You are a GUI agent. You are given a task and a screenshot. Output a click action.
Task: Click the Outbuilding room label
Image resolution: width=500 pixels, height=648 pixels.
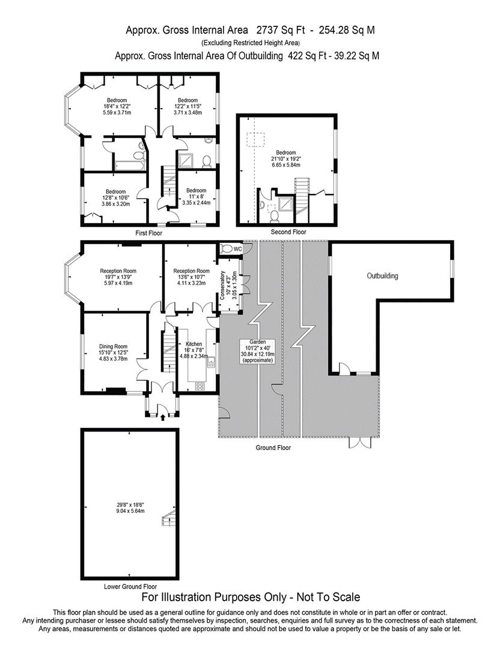point(382,275)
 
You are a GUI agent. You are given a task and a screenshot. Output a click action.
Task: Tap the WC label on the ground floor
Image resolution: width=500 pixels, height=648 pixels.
point(237,249)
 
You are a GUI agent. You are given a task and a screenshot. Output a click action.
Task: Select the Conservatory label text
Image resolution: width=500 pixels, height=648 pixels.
point(222,286)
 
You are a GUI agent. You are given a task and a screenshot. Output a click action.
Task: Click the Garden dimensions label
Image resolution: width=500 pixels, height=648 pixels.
point(258,351)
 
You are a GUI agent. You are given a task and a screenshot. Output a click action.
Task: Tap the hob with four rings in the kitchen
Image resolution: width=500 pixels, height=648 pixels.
point(200,386)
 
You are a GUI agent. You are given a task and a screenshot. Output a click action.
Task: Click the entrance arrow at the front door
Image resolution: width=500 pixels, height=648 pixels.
point(162,418)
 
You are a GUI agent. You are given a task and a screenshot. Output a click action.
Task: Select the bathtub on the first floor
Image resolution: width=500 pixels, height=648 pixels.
point(130,166)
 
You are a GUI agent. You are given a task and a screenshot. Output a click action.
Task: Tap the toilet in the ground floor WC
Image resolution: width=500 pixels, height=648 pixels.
point(227,249)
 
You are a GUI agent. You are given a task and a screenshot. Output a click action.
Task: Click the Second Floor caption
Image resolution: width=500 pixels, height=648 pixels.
point(288,232)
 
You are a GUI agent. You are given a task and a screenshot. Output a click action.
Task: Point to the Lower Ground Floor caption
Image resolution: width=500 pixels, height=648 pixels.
point(130,586)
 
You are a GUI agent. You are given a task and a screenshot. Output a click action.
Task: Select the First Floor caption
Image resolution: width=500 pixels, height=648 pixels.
point(148,233)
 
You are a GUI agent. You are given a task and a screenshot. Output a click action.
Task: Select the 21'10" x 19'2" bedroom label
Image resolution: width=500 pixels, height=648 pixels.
point(286,158)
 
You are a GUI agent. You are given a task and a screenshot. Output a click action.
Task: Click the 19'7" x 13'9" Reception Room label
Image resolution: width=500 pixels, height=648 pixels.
point(118,277)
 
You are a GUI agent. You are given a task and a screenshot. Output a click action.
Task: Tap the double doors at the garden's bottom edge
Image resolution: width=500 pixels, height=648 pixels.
point(361,442)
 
